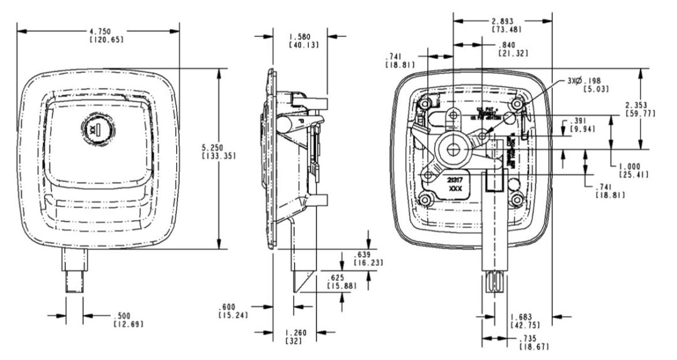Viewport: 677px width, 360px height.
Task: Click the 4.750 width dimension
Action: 98,31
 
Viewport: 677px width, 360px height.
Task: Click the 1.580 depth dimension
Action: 300,36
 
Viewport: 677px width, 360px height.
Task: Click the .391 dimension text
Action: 577,121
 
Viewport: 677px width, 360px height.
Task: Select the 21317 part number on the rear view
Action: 456,179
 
